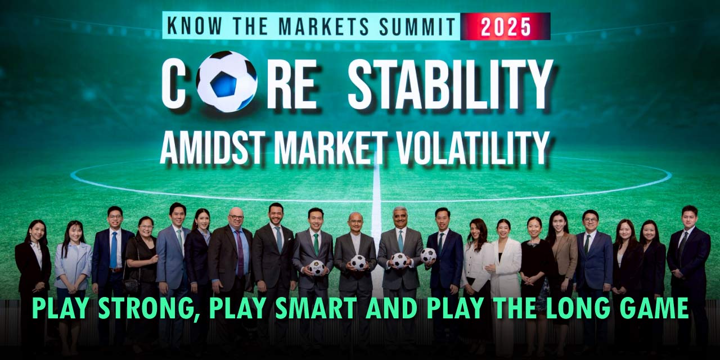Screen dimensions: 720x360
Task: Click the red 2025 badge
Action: click(x=505, y=26)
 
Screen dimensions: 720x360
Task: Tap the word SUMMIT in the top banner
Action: click(x=417, y=26)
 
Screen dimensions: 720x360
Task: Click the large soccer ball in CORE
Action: click(x=226, y=82)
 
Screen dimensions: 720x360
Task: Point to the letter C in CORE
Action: click(x=173, y=84)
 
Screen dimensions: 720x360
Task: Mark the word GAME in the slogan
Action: click(x=654, y=308)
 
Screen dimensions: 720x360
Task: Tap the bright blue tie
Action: click(x=114, y=250)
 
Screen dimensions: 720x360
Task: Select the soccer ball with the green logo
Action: click(x=316, y=267)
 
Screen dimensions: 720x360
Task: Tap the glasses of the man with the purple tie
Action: click(x=236, y=218)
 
